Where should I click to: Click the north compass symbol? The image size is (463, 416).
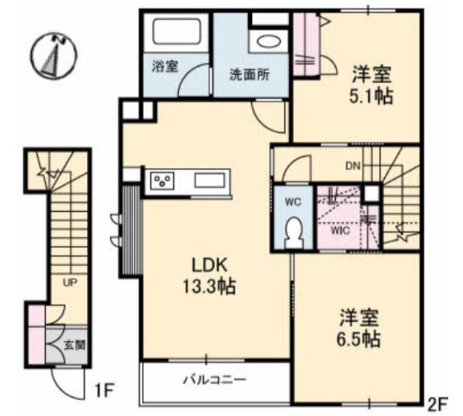pyautogui.click(x=54, y=56)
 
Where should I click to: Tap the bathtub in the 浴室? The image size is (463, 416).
pyautogui.click(x=177, y=32)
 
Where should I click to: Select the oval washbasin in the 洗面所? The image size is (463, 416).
pyautogui.click(x=269, y=42)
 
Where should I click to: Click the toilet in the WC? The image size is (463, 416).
pyautogui.click(x=294, y=233)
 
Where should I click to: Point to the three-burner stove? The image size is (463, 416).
pyautogui.click(x=162, y=181)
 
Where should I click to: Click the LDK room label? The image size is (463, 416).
pyautogui.click(x=210, y=265)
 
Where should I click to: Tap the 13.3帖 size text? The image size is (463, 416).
pyautogui.click(x=210, y=286)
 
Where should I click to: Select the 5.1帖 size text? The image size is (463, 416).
pyautogui.click(x=371, y=96)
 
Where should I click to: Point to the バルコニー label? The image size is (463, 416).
pyautogui.click(x=215, y=379)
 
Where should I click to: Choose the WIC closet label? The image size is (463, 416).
pyautogui.click(x=340, y=230)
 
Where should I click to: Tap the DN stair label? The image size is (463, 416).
pyautogui.click(x=353, y=166)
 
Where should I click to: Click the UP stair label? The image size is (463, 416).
pyautogui.click(x=70, y=282)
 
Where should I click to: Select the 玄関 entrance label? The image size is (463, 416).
pyautogui.click(x=75, y=345)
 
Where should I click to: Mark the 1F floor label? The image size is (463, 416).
pyautogui.click(x=105, y=391)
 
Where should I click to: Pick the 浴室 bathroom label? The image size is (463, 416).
pyautogui.click(x=165, y=66)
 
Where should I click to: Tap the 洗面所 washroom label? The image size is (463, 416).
pyautogui.click(x=249, y=75)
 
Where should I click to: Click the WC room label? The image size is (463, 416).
pyautogui.click(x=293, y=202)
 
